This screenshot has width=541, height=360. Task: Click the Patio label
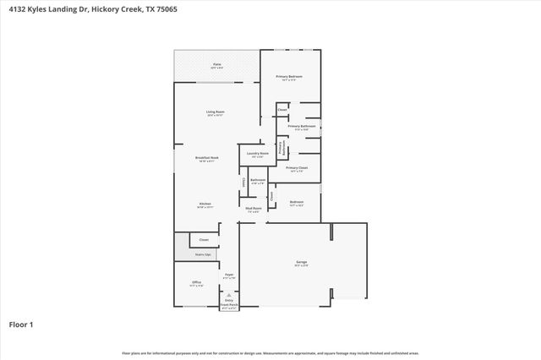coord(217,64)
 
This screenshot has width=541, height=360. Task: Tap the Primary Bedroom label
coord(290,77)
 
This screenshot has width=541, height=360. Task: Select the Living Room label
coord(216,112)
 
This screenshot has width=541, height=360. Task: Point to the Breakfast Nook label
coord(207,157)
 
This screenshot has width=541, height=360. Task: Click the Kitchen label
coord(205,204)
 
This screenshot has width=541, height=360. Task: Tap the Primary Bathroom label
coord(301,126)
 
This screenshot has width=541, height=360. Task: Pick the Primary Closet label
coord(297,168)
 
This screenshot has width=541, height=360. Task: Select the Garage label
coord(302,263)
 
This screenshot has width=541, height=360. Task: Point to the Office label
coord(196,282)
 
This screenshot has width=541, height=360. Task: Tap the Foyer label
coord(228,275)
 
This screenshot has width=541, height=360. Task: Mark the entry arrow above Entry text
coord(228,294)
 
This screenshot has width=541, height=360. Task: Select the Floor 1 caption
coord(21,324)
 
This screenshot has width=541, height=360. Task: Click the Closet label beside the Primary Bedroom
coord(283,110)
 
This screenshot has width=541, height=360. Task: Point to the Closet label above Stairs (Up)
coord(204,240)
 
